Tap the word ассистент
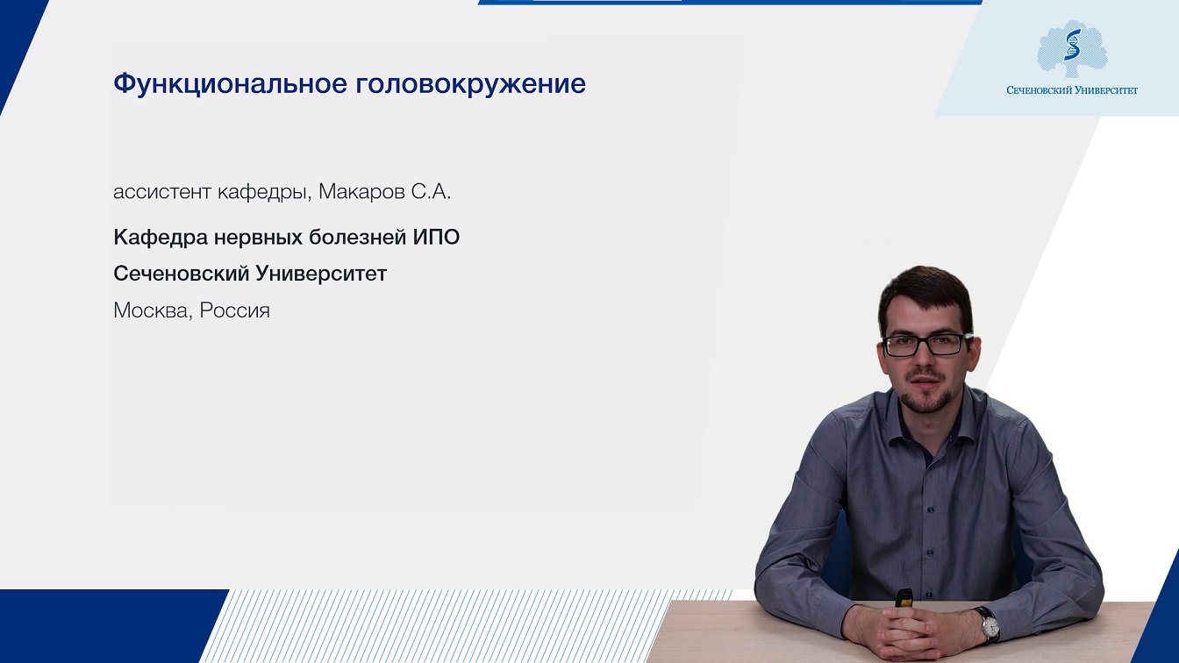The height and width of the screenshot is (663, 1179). [162, 192]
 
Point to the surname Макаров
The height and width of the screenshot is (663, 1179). [361, 192]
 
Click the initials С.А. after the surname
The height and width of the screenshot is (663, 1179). [431, 192]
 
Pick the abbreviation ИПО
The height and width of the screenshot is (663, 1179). [436, 238]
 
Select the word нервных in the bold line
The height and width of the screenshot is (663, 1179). [258, 238]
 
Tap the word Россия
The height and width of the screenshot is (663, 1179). [235, 311]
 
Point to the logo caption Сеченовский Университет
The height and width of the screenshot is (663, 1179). [1072, 90]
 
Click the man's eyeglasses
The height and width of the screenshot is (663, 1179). [926, 346]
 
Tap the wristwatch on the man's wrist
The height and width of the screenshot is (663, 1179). [989, 625]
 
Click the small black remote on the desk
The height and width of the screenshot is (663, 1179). [904, 599]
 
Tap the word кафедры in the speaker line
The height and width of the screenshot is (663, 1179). [261, 193]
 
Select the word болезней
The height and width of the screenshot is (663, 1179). [357, 238]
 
